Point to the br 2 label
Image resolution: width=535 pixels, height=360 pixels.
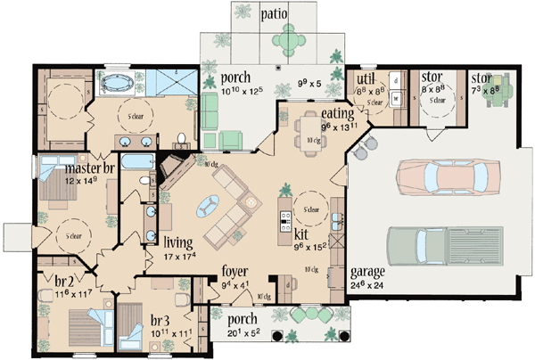point(54,280)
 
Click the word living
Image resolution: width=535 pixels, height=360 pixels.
point(178,240)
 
